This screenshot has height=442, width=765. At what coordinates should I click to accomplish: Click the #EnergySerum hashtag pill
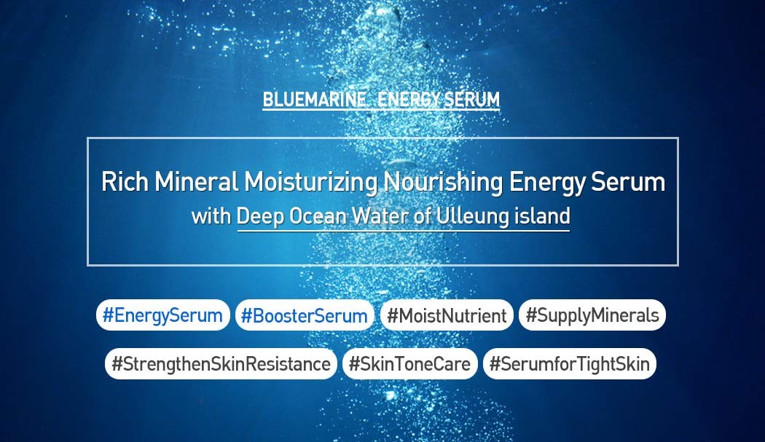pos(162,315)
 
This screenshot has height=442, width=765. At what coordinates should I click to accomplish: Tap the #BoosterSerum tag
pos(305,315)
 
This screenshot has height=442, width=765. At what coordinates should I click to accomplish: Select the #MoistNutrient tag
pos(447,315)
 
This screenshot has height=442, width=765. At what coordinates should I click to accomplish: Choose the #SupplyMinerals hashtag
pos(592,315)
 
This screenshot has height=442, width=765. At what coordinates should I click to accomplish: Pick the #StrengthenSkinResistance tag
pos(221,363)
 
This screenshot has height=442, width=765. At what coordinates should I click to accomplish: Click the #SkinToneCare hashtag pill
pos(409,363)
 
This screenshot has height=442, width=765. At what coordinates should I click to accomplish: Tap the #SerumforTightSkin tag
pos(569,363)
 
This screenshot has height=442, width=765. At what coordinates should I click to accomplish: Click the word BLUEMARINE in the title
pos(315,100)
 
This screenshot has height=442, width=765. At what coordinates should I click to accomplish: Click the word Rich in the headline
pos(125,181)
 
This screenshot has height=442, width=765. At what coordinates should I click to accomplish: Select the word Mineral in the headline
pos(197,181)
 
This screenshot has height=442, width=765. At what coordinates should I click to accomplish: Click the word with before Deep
pos(211,216)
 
